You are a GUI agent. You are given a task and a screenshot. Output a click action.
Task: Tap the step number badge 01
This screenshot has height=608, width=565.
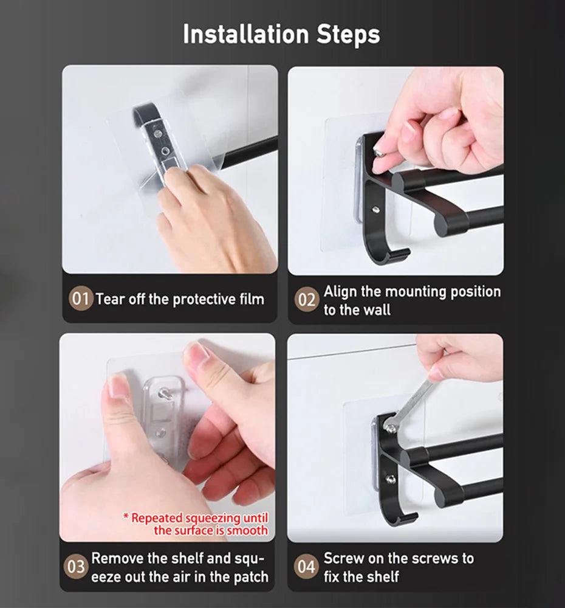(81, 299)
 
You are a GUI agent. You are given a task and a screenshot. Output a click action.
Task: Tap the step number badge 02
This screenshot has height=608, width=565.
(307, 300)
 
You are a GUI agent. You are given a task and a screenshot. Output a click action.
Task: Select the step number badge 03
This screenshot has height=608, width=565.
(77, 567)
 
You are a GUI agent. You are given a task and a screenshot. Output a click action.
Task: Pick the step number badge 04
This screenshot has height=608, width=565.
(307, 567)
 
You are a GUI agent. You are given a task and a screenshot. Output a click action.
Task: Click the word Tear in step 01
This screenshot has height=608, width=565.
(110, 299)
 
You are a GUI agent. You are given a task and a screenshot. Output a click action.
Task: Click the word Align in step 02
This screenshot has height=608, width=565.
(341, 291)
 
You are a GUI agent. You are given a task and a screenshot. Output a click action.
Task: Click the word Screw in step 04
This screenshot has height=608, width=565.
(344, 558)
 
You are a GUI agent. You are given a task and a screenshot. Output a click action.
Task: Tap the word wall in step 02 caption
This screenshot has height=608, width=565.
(377, 309)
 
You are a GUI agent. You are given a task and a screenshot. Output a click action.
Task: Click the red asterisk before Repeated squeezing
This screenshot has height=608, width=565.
(126, 518)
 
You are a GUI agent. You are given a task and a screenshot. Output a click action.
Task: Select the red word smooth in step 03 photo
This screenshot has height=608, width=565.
(247, 530)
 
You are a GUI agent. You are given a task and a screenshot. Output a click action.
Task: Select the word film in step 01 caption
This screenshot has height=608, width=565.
(251, 299)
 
